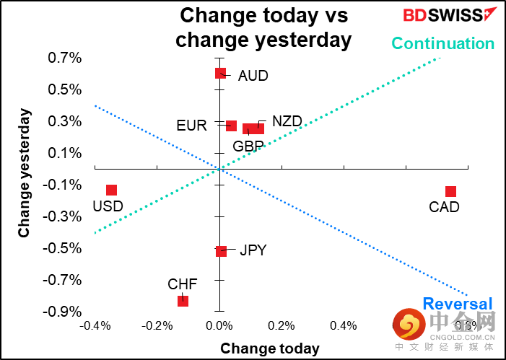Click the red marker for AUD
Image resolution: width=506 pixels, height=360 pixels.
point(220,73)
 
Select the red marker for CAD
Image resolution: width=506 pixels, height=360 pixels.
point(450,191)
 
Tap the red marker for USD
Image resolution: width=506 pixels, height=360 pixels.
point(111,190)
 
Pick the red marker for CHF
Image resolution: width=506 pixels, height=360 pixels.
point(183,300)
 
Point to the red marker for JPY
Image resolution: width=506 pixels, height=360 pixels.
point(221,251)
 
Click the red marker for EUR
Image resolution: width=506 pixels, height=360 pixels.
point(231,126)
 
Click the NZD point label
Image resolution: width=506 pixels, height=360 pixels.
point(287,121)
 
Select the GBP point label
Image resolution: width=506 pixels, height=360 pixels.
point(248,146)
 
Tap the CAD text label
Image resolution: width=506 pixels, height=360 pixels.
point(444,208)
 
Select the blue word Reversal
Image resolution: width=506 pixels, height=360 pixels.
point(457,304)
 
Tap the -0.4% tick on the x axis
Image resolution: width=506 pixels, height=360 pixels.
point(95,326)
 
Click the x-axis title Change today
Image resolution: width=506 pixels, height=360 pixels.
point(269,348)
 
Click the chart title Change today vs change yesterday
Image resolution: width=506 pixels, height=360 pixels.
point(263,27)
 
